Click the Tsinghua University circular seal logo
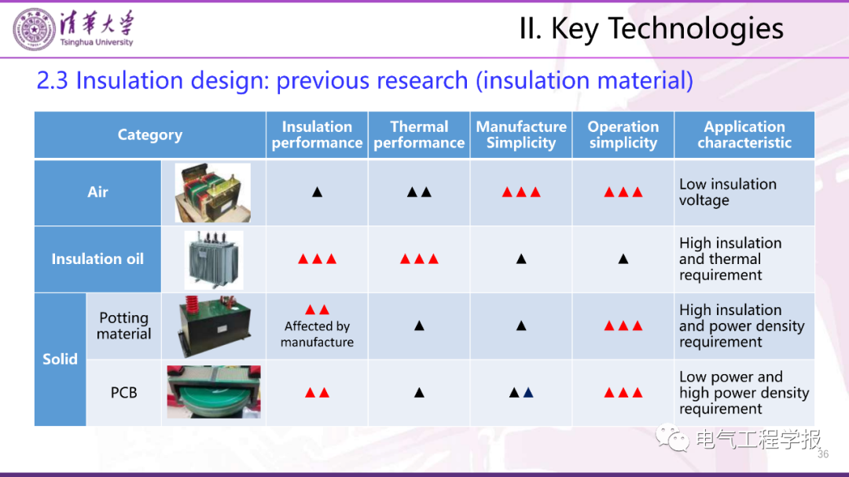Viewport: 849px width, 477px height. (34, 30)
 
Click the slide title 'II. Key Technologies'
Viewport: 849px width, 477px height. (652, 29)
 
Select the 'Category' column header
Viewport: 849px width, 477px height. (150, 135)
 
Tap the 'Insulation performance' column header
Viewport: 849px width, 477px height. (317, 135)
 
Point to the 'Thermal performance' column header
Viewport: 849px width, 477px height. (419, 135)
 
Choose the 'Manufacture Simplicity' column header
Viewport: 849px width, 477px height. (521, 135)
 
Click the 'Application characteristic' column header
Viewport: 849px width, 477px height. (744, 135)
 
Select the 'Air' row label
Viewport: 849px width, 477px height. (97, 193)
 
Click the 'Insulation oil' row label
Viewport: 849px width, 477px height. (97, 259)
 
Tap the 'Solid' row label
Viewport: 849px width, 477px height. (60, 359)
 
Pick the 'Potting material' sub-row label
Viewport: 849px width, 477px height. (124, 326)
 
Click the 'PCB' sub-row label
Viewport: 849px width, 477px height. (124, 393)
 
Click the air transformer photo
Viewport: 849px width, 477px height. (213, 193)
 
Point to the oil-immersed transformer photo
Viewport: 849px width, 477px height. (214, 260)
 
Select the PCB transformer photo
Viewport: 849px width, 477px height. (214, 392)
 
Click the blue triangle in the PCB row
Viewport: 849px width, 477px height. (528, 393)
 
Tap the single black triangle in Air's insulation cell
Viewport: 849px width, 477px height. (318, 193)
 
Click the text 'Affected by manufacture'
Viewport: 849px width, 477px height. (318, 334)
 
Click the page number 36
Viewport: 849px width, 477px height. (823, 454)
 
